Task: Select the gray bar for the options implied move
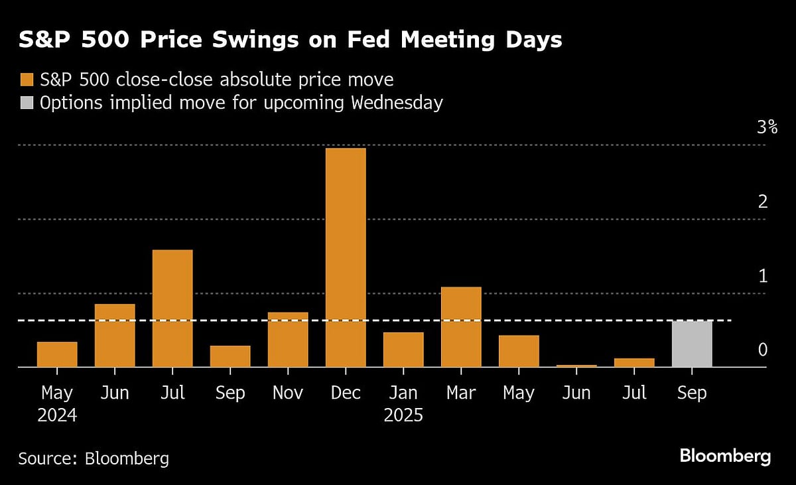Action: point(692,344)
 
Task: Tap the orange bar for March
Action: point(461,326)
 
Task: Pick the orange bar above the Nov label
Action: point(288,339)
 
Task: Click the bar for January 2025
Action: point(403,349)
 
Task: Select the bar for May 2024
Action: point(57,354)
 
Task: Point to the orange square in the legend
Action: point(27,80)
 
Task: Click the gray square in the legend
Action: point(27,104)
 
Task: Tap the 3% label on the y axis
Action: point(767,127)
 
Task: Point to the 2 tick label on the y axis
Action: point(763,202)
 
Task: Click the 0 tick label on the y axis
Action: point(763,350)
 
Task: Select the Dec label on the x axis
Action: point(346,393)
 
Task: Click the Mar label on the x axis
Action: point(461,393)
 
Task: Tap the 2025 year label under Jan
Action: point(403,416)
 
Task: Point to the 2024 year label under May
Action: point(57,416)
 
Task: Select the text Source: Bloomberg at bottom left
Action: point(94,458)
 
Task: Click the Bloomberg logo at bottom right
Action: point(725,456)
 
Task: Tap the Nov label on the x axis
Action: point(288,393)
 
